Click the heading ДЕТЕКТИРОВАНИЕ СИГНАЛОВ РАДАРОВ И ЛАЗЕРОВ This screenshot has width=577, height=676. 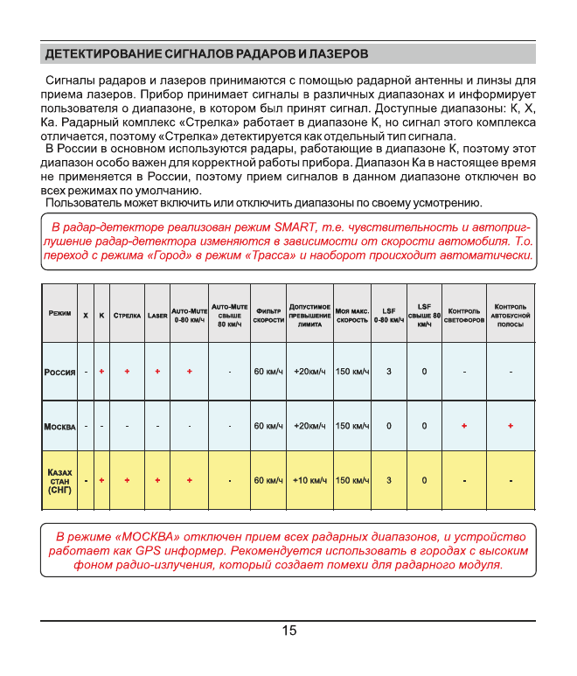pyautogui.click(x=206, y=54)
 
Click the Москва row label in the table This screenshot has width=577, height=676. pyautogui.click(x=59, y=427)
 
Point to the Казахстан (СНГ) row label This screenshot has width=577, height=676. pyautogui.click(x=59, y=481)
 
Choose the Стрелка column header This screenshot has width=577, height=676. pyautogui.click(x=128, y=314)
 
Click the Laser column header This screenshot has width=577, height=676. pyautogui.click(x=157, y=314)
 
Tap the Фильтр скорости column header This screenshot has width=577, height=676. pyautogui.click(x=268, y=314)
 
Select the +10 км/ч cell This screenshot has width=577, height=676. pyautogui.click(x=309, y=481)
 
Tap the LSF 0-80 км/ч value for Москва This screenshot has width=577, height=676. pyautogui.click(x=389, y=427)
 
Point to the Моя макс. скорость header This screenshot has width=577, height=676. pyautogui.click(x=352, y=314)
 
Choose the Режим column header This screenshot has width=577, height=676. pyautogui.click(x=60, y=313)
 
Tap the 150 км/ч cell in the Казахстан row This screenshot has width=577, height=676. pyautogui.click(x=352, y=481)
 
